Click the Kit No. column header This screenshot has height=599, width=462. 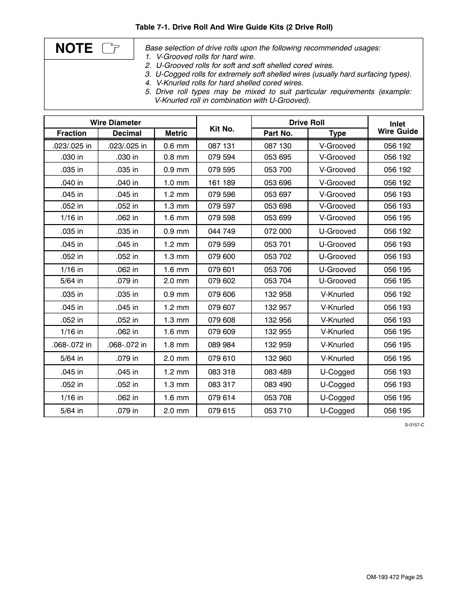point(222,129)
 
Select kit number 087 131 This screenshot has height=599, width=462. point(221,146)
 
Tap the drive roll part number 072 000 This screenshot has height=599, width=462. point(277,231)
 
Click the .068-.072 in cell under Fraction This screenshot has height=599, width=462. point(72,345)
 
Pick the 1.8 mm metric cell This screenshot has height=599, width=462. point(176,345)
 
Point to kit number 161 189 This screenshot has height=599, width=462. point(221,183)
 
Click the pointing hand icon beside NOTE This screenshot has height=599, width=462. point(111,48)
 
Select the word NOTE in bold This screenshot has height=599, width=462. point(74,48)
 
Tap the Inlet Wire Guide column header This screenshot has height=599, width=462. point(397,128)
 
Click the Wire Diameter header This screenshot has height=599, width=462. point(115,123)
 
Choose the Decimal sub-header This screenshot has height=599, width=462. point(127,133)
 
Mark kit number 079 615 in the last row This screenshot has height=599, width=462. point(221,411)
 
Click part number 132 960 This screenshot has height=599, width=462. point(277,358)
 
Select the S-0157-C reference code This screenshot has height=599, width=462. point(415,424)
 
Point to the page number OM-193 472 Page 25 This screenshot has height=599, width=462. point(394,577)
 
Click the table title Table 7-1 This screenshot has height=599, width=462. point(233,27)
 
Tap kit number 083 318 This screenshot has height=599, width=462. point(221,372)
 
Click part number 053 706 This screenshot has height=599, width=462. point(277,270)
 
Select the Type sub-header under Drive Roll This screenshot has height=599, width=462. point(337,133)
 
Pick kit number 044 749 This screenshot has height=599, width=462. point(221,231)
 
